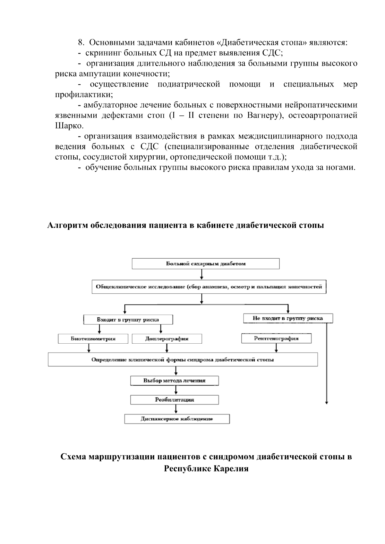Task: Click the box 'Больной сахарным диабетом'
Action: click(x=206, y=264)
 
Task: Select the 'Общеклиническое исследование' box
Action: click(x=209, y=287)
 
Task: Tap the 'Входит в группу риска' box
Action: click(x=128, y=320)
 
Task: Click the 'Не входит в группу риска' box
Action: click(x=288, y=318)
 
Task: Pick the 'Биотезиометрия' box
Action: click(x=93, y=339)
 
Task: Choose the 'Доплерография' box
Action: click(x=167, y=339)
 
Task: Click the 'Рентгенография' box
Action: click(x=276, y=338)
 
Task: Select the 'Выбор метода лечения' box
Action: click(x=175, y=381)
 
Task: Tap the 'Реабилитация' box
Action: click(x=175, y=400)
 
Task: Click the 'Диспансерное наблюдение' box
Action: click(x=177, y=419)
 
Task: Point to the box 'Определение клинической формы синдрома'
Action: click(x=183, y=359)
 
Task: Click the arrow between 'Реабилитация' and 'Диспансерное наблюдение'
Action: click(x=176, y=409)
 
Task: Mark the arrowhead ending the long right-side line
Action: click(x=327, y=403)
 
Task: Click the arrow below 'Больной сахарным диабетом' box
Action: click(x=201, y=274)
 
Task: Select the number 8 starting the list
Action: click(x=81, y=43)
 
